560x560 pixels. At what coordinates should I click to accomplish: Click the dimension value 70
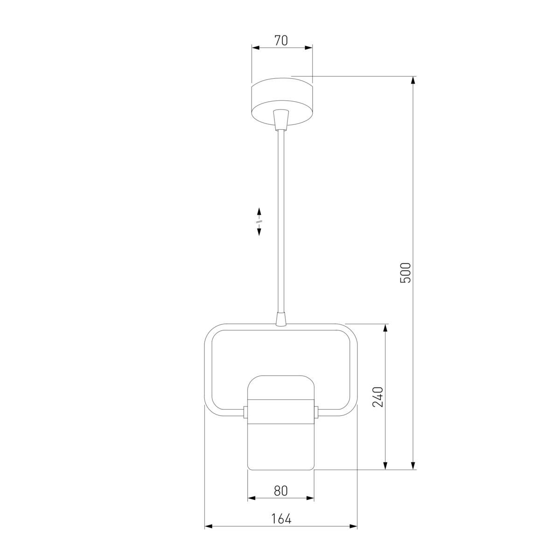(x=281, y=41)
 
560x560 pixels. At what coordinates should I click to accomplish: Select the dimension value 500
(x=406, y=273)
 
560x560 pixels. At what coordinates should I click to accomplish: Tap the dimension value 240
(x=377, y=397)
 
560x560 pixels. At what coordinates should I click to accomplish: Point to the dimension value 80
(x=281, y=491)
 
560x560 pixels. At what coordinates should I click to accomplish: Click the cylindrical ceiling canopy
(x=282, y=101)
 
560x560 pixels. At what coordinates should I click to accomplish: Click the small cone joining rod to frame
(x=281, y=320)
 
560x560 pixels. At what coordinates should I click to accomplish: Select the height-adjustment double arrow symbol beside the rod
(x=259, y=222)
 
